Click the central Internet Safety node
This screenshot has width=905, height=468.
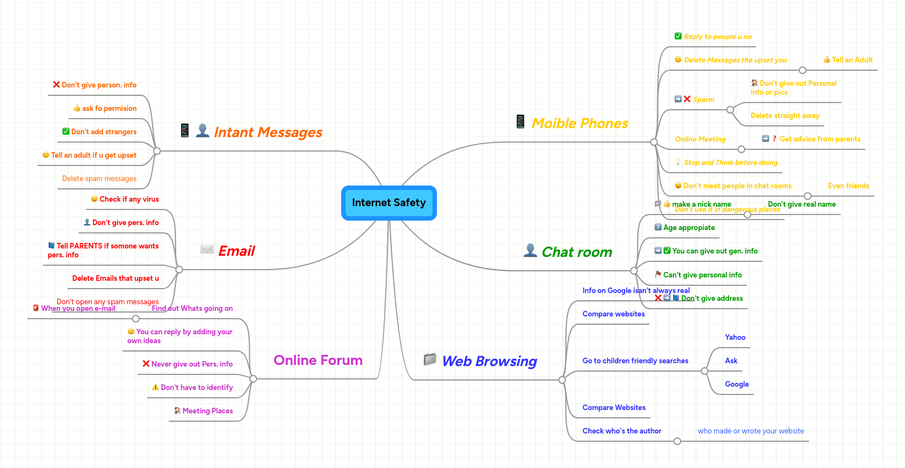pos(388,203)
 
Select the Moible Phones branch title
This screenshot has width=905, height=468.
pos(579,123)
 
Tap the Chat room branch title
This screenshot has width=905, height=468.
pos(577,252)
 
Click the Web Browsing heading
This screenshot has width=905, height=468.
pos(489,361)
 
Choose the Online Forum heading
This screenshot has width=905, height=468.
pos(318,360)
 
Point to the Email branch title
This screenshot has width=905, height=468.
pos(237,251)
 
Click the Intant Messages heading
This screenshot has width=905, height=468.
pos(268,132)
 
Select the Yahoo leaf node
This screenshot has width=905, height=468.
pos(735,337)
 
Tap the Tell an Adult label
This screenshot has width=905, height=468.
pos(852,60)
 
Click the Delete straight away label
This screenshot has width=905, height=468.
pos(785,115)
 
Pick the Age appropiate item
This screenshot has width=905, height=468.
pos(688,227)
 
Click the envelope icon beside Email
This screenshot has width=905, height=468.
pos(207,249)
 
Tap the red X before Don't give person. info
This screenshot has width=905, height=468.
pos(56,85)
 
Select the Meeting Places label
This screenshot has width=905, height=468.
pos(208,411)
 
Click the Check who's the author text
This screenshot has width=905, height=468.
pos(622,431)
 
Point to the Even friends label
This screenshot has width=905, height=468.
pos(848,186)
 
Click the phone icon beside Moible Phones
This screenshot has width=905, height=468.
pos(520,121)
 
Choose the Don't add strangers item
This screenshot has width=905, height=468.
pos(104,131)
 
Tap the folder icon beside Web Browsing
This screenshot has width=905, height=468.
pos(430,359)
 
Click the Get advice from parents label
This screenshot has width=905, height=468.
pos(819,139)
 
